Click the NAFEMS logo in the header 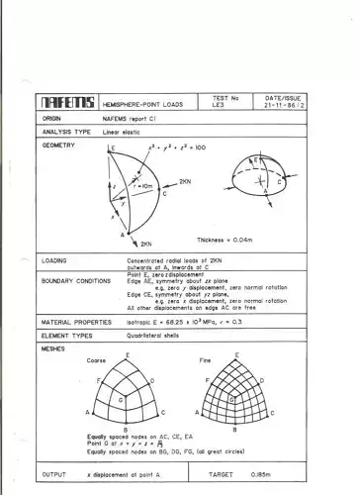[67, 103]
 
